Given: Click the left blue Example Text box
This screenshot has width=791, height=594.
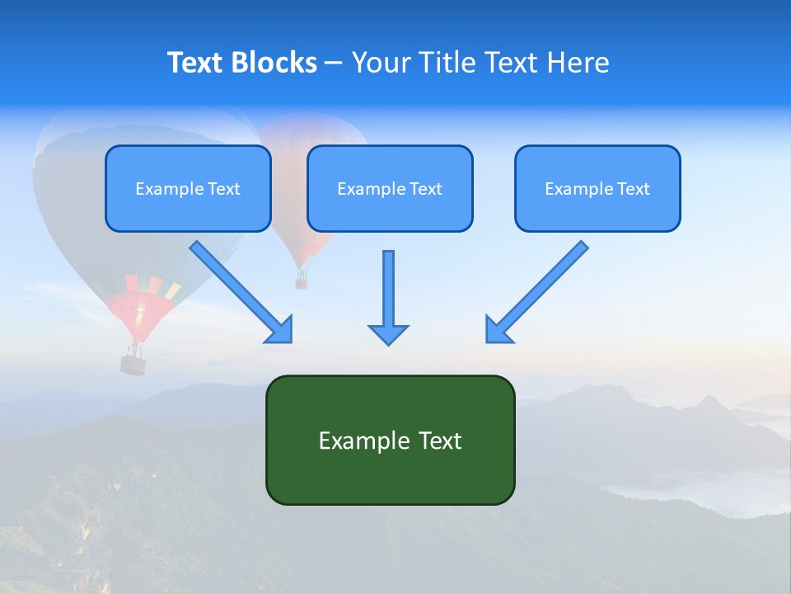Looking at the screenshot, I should tap(188, 189).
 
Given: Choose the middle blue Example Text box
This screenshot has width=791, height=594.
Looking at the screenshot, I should tap(390, 189).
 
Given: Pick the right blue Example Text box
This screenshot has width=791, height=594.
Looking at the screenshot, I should tap(597, 189).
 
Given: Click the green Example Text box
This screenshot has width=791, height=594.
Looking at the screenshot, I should tap(390, 441).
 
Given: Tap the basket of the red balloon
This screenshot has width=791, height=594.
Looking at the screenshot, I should tap(133, 363).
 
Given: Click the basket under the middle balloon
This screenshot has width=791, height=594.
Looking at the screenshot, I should tap(302, 281).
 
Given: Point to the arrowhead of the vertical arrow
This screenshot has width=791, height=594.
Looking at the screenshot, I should tap(388, 333).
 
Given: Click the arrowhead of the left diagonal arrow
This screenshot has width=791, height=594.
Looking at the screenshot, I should tap(281, 331).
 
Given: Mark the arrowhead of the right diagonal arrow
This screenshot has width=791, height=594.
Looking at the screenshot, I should tap(497, 330).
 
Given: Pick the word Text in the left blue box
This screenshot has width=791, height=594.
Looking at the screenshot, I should tap(224, 189).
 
